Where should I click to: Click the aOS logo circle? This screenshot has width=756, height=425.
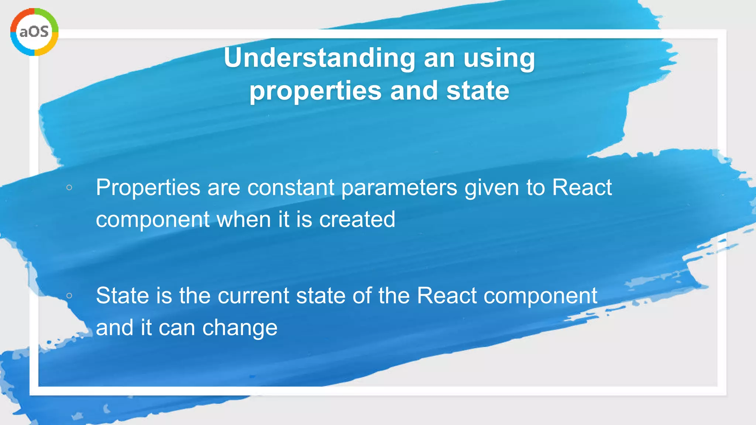34,32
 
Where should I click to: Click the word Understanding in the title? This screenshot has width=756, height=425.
320,58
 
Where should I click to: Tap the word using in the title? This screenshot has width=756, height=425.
499,58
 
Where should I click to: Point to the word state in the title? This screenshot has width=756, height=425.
478,91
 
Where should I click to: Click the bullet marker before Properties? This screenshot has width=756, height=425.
69,188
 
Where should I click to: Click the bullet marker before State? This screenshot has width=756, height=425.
69,296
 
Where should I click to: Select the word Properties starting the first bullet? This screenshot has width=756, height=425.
148,188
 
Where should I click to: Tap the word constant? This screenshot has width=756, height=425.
291,188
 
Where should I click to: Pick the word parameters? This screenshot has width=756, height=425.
399,188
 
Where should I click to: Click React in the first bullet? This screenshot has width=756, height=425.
582,188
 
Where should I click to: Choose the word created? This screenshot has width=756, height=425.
357,220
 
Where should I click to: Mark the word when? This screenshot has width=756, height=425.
244,220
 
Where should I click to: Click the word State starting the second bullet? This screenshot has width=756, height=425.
123,296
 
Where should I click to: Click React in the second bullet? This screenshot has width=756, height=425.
447,296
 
